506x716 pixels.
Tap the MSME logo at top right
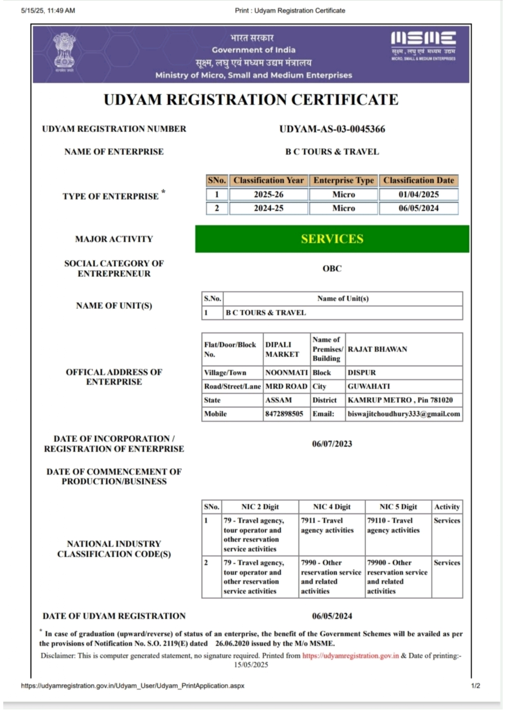(x=423, y=45)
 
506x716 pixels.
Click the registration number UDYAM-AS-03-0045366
(x=332, y=129)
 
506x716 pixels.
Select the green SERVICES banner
(x=332, y=239)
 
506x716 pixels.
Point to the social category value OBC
(x=332, y=268)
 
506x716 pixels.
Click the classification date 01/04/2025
(x=418, y=194)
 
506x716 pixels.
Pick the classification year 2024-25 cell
(x=268, y=208)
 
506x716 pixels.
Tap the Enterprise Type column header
(x=343, y=181)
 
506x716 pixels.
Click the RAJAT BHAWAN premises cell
(x=377, y=349)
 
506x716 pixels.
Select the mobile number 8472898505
(x=284, y=414)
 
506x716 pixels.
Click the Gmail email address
(x=404, y=414)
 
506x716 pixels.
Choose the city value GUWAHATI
(x=368, y=386)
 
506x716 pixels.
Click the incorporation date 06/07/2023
(x=332, y=444)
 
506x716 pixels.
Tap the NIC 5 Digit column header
(x=398, y=507)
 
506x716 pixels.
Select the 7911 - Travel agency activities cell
(x=327, y=526)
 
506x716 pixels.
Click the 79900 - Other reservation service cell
(x=397, y=576)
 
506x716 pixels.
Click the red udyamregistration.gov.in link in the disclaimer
(x=350, y=656)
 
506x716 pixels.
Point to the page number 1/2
(x=475, y=686)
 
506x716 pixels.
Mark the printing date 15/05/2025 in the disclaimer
(x=251, y=665)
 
